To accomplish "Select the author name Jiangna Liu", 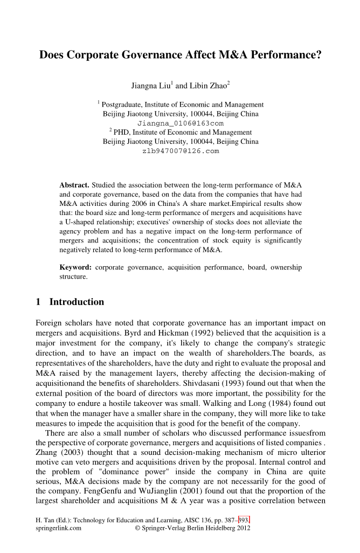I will (151, 85).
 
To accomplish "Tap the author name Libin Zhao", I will (207, 85).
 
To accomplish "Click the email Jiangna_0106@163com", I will (181, 123).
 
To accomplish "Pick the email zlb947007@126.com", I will (181, 151).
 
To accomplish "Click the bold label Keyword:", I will (75, 267).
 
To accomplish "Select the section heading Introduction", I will (77, 302).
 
